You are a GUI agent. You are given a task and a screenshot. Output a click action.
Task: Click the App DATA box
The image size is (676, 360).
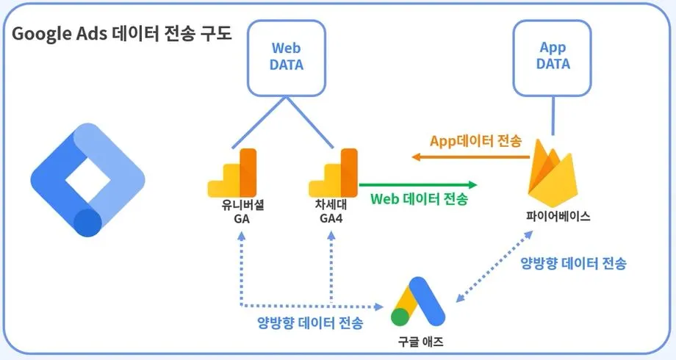click(553, 56)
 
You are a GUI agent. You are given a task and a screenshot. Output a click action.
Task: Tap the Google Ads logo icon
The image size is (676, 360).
click(418, 303)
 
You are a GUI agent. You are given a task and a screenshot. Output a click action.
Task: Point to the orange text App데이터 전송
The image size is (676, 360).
click(478, 141)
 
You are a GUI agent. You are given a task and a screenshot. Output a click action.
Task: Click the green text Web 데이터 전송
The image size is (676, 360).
click(419, 199)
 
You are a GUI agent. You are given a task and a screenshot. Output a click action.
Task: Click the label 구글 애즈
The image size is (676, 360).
click(418, 342)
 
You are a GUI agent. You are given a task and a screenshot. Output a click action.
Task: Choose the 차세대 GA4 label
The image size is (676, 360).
click(331, 212)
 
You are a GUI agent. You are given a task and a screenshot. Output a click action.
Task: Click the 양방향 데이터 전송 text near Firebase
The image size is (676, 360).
click(573, 262)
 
